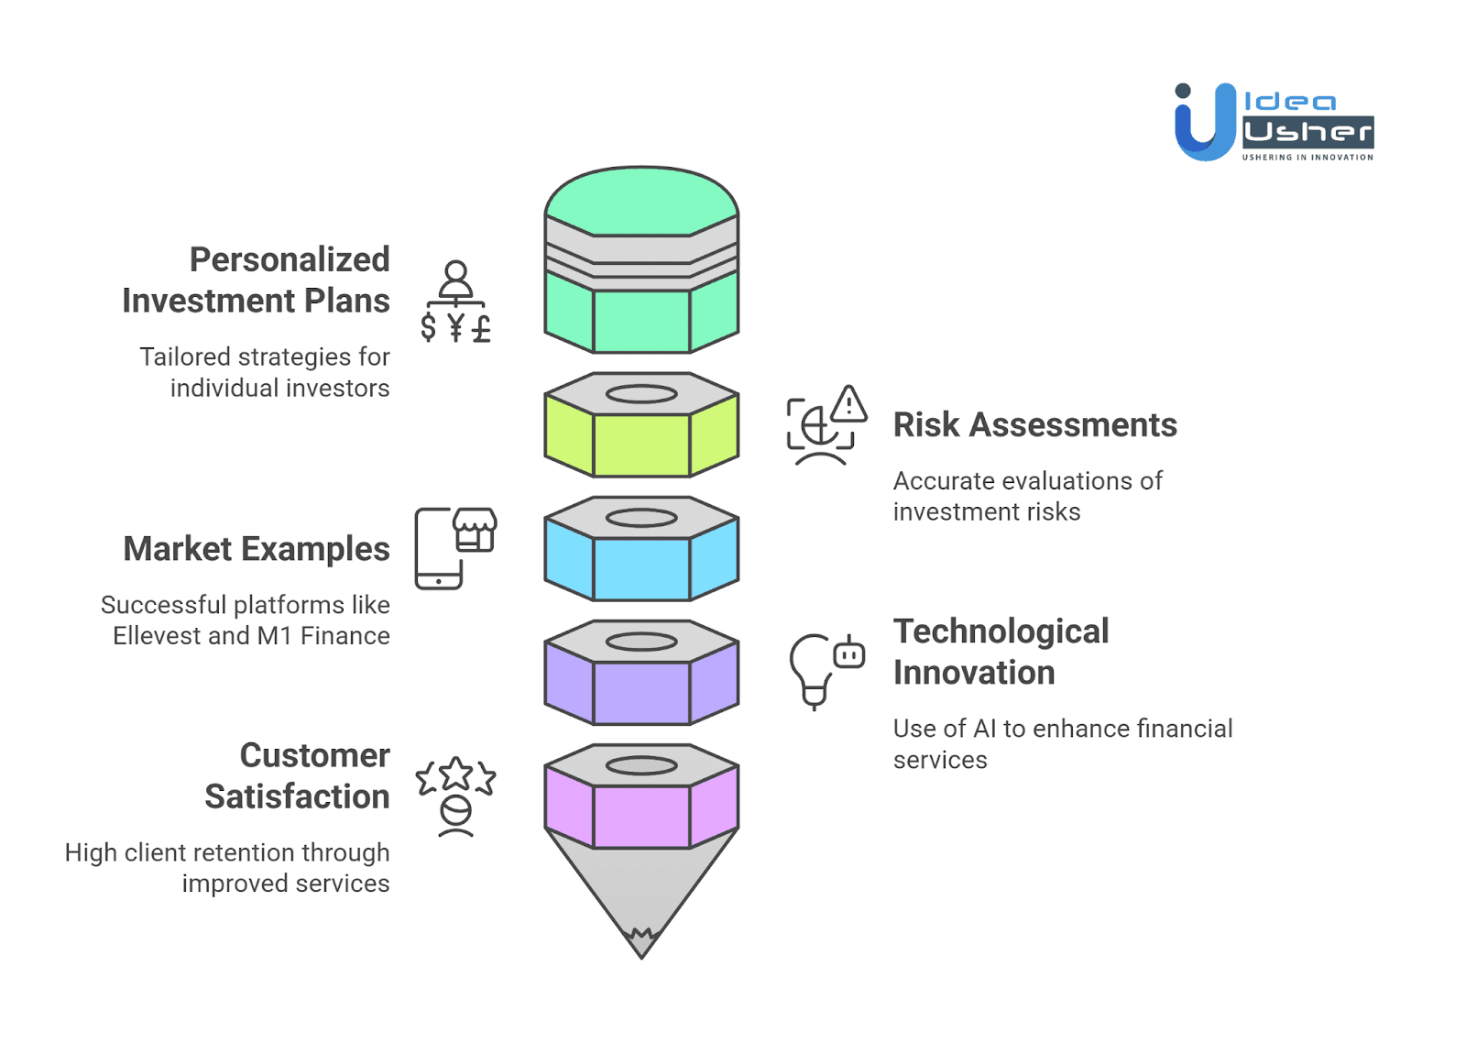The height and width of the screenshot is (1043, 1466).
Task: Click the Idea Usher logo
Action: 1274,122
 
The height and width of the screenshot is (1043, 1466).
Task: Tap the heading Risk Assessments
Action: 1034,425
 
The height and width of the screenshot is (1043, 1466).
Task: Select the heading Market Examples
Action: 257,549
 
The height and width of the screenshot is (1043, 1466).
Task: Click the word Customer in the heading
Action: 314,755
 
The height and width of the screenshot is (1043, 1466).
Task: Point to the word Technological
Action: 1001,631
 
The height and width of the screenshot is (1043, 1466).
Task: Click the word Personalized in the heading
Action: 290,259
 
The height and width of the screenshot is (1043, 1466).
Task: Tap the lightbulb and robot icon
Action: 826,670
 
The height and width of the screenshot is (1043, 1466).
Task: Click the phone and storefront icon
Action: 455,548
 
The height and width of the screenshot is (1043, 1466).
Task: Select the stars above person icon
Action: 455,796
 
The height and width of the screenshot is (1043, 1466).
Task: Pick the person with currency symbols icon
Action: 455,302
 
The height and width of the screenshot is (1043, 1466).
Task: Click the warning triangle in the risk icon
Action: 849,404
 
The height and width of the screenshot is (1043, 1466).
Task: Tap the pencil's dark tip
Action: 641,943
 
